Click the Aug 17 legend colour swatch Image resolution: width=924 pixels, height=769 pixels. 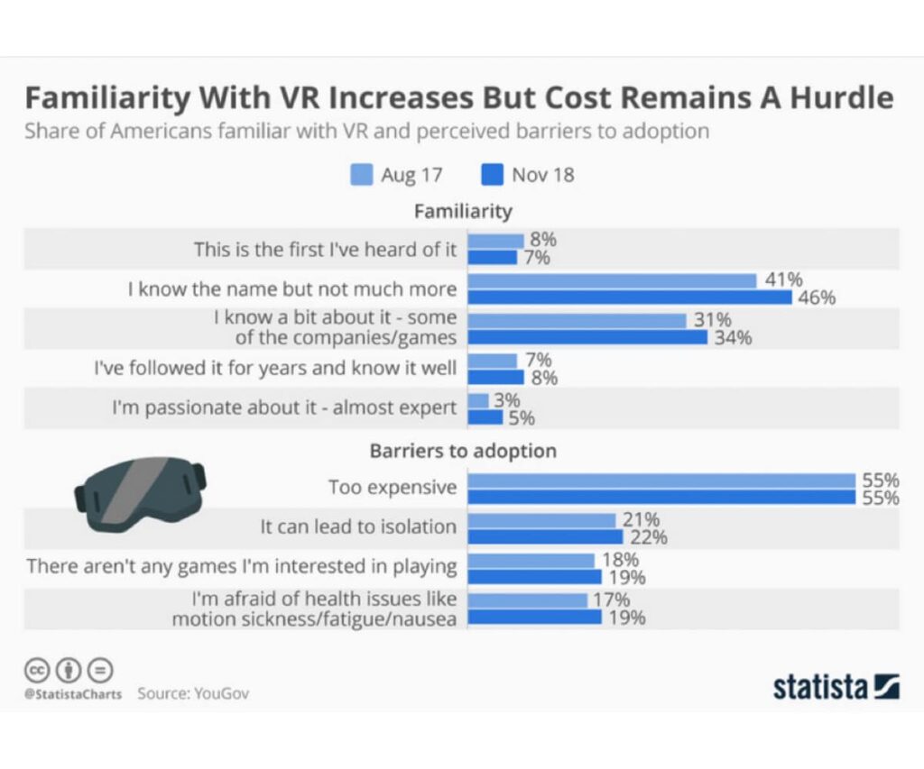pos(361,174)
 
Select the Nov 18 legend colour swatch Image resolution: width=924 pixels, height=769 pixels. pos(492,174)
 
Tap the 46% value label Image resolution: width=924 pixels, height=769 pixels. pos(817,298)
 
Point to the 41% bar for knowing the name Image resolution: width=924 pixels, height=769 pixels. pos(612,280)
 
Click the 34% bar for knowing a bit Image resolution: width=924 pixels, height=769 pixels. pos(587,337)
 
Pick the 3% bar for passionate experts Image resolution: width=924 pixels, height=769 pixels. pos(478,400)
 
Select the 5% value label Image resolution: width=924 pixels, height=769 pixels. pos(522,417)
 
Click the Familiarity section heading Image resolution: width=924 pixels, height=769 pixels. pos(463,211)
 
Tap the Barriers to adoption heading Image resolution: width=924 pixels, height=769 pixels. pos(463,450)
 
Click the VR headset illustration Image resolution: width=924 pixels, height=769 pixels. pos(139,492)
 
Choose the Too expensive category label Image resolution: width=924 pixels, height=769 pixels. pos(393,488)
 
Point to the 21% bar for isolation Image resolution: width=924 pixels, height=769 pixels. pos(541,520)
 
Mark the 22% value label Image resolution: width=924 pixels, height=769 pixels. pos(649,537)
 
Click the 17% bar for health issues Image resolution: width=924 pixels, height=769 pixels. pos(527,600)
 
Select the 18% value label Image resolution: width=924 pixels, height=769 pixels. pos(620,560)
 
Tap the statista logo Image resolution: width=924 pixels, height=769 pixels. pos(836,687)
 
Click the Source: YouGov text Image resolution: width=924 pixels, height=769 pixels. pos(193,694)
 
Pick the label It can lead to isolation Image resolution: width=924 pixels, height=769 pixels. pos(358,526)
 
